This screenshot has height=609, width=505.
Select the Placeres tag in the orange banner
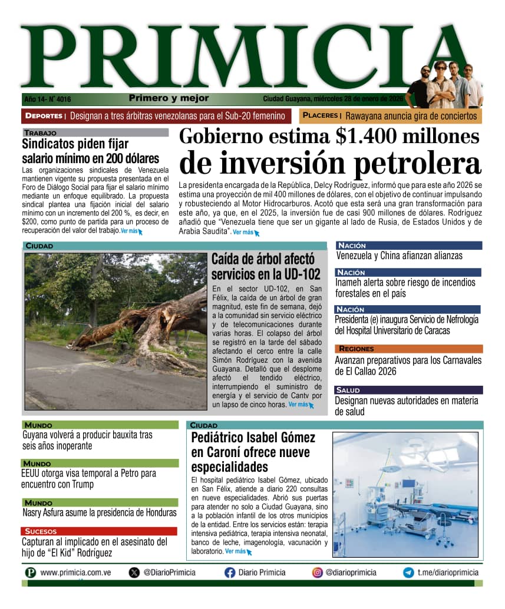[321, 116]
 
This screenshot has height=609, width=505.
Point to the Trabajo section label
[41, 133]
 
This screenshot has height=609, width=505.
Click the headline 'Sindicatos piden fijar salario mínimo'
[91, 151]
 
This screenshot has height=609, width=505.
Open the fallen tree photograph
[115, 331]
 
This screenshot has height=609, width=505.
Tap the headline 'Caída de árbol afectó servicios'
[266, 267]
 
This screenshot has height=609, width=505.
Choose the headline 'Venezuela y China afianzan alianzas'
[399, 256]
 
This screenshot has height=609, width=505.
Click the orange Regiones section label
[357, 349]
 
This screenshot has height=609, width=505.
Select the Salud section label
[348, 390]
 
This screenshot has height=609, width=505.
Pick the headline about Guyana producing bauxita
[87, 440]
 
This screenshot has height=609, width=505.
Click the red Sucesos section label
[41, 531]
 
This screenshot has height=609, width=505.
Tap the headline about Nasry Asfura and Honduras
[99, 512]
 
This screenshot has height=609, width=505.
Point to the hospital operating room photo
[405, 494]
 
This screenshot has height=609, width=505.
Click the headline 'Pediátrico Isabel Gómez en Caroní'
[253, 452]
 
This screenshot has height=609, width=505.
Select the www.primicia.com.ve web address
[76, 572]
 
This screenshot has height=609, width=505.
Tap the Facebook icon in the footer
[230, 572]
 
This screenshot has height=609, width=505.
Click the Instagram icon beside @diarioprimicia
[318, 572]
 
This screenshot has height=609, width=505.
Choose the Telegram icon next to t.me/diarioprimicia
[408, 572]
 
